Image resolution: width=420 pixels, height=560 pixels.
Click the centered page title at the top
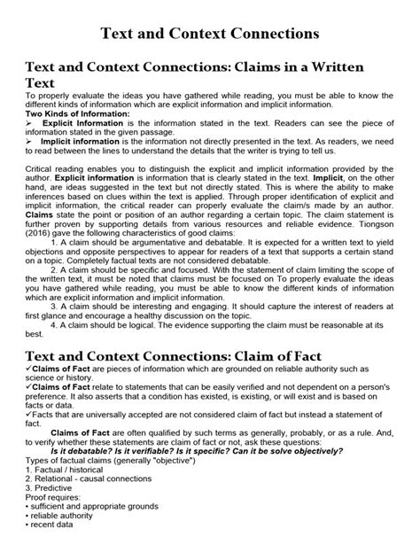(210, 35)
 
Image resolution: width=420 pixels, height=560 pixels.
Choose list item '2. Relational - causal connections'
(89, 479)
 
